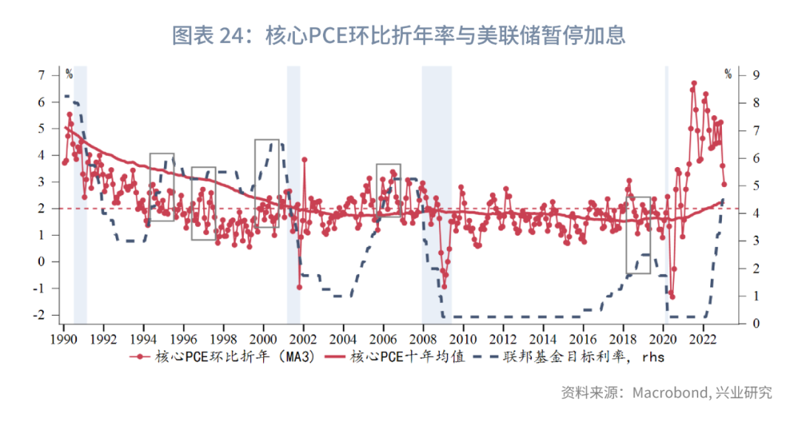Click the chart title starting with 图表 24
pyautogui.click(x=399, y=34)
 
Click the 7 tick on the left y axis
pyautogui.click(x=41, y=75)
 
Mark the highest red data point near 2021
pyautogui.click(x=694, y=84)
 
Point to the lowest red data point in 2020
pyautogui.click(x=672, y=296)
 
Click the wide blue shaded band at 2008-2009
pyautogui.click(x=436, y=195)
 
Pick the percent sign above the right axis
pyautogui.click(x=728, y=74)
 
